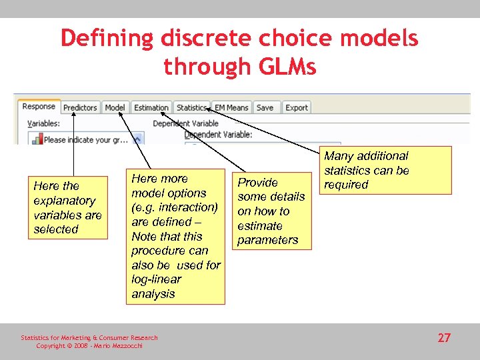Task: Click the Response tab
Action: click(x=39, y=107)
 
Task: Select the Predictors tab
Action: click(x=80, y=107)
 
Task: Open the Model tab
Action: click(x=115, y=107)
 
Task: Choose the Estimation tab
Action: click(x=151, y=107)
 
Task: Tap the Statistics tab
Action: click(x=191, y=107)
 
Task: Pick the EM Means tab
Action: click(x=231, y=107)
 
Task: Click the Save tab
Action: click(x=265, y=107)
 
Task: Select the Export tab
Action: click(x=297, y=107)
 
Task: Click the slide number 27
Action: click(x=444, y=338)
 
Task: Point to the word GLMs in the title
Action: click(x=283, y=67)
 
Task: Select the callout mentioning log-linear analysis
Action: click(x=175, y=236)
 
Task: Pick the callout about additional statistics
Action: click(x=387, y=170)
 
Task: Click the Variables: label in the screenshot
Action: click(x=43, y=123)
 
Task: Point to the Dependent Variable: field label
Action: click(x=218, y=134)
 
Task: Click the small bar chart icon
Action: click(x=38, y=139)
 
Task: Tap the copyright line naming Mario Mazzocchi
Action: click(x=89, y=345)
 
